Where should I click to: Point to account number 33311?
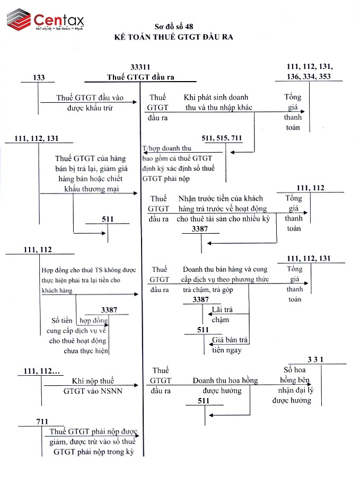click(141, 67)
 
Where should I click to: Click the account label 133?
click(39, 77)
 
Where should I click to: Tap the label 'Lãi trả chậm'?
click(222, 314)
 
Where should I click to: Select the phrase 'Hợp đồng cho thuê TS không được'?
click(89, 270)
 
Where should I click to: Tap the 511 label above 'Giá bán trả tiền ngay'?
click(203, 330)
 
